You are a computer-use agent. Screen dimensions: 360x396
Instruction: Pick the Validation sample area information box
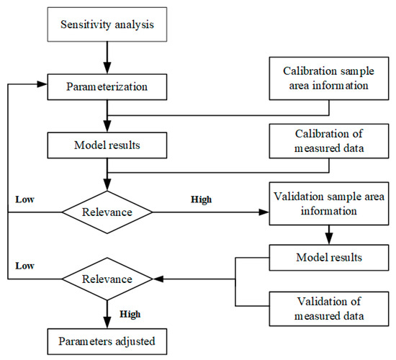(x=329, y=204)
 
